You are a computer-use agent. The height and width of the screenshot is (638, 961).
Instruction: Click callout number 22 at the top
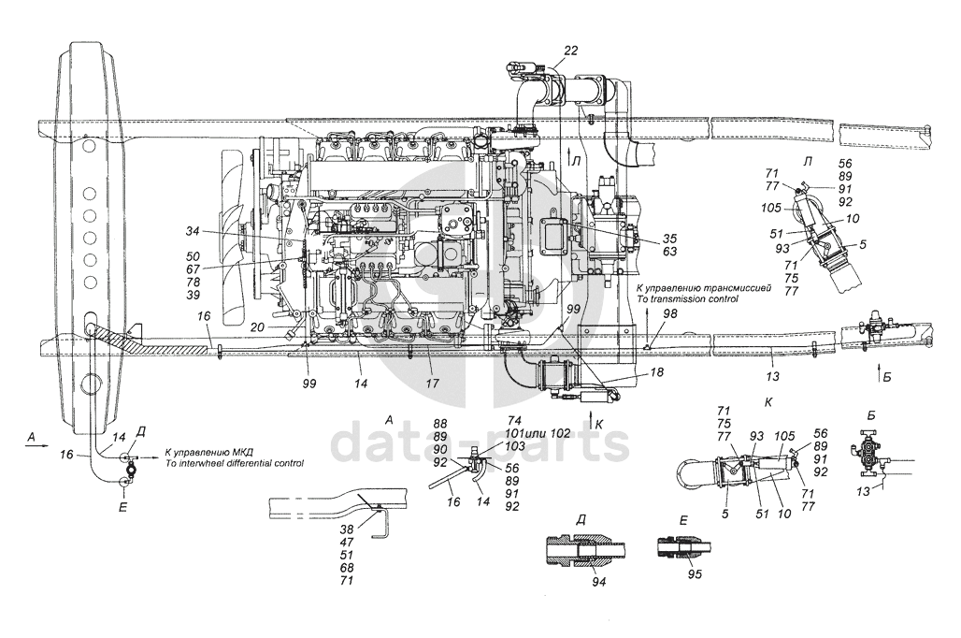coord(570,51)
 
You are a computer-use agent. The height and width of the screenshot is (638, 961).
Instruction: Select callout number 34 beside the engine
coord(194,231)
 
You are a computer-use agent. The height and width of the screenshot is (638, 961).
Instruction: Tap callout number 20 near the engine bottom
coord(257,327)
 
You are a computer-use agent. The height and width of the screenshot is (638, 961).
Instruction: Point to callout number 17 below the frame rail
coord(433,384)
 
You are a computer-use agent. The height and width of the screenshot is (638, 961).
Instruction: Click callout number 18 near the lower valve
coord(657,371)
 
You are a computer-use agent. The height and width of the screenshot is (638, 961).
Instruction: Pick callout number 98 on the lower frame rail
coord(671,314)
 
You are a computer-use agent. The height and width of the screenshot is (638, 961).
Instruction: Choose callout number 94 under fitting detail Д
coord(599,582)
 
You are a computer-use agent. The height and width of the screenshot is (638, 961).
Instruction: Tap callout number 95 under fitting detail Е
coord(695,574)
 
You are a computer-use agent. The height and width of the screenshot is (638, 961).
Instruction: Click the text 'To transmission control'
coord(688,298)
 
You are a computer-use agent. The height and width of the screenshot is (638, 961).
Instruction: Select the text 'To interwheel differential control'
coord(234,463)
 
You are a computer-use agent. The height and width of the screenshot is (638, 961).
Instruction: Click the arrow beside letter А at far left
coord(36,447)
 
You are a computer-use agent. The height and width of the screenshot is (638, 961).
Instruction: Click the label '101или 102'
coord(538,434)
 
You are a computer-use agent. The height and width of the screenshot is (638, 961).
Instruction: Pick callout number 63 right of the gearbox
coord(669,252)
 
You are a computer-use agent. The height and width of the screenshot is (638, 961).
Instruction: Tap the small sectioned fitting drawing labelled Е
coord(684,547)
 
